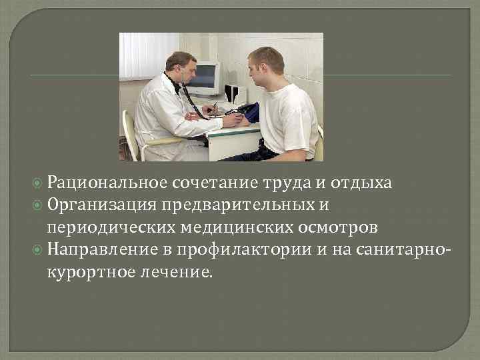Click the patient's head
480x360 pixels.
coord(265,64)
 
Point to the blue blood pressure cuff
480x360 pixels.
coord(251,113)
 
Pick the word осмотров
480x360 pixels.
coord(341,227)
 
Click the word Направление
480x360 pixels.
coord(99,249)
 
